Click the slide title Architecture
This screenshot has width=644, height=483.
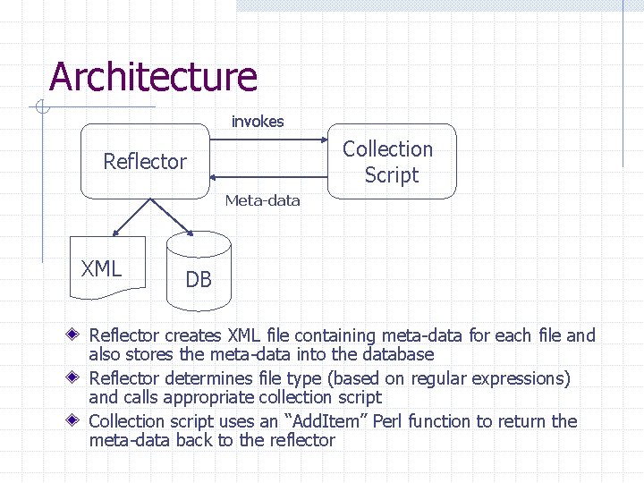[x=153, y=77]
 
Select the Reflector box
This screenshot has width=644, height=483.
[x=144, y=162]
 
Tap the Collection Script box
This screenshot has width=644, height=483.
[x=391, y=162]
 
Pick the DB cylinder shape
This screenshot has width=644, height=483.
[x=199, y=274]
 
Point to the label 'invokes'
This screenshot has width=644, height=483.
[x=258, y=122]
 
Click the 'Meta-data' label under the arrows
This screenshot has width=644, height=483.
[x=263, y=200]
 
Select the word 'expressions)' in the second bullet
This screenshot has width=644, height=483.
[x=521, y=378]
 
